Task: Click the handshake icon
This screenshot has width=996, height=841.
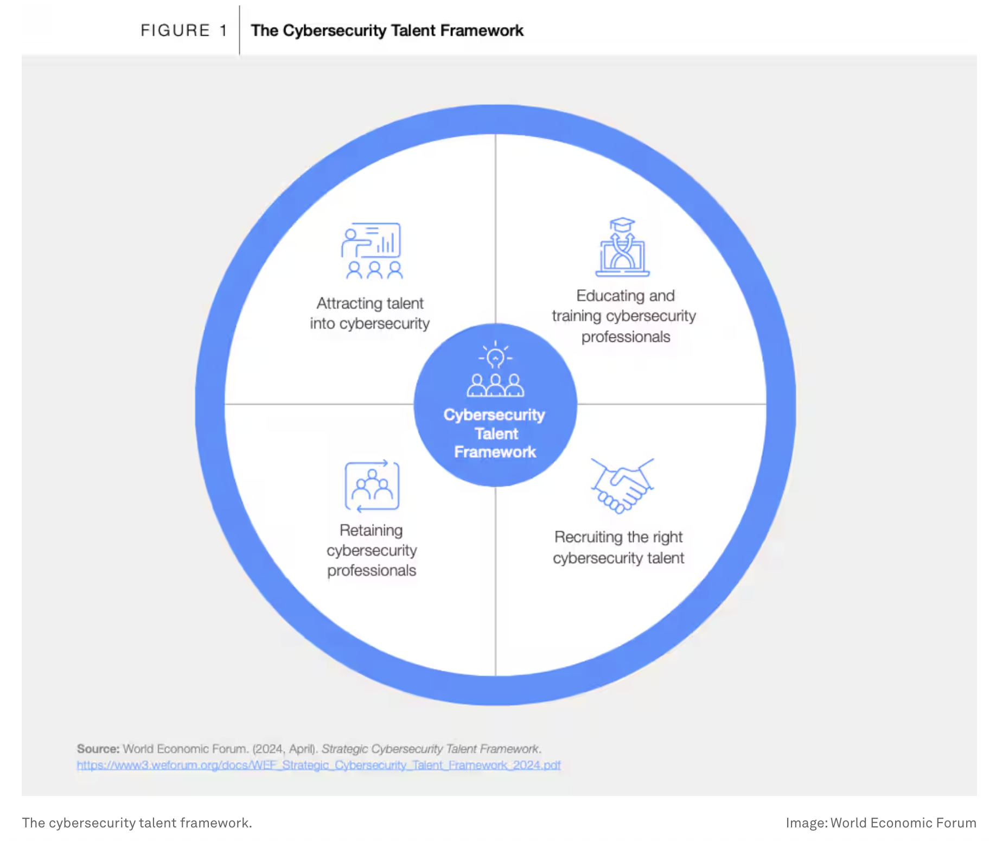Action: click(x=622, y=485)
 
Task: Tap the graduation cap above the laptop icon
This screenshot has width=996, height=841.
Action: click(x=622, y=225)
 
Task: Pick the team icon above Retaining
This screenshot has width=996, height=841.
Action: click(x=372, y=486)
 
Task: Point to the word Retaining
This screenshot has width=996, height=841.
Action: click(x=371, y=530)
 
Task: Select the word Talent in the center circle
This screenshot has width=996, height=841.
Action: click(x=496, y=434)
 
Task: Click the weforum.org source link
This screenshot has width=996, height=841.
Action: click(x=318, y=765)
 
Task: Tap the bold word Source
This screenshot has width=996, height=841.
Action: click(x=98, y=749)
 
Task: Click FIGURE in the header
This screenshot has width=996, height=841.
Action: click(x=175, y=30)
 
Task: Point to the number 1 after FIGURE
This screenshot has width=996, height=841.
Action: click(x=224, y=30)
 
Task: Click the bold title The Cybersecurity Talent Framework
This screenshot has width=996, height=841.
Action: click(x=387, y=30)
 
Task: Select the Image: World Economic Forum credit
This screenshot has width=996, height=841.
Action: click(x=880, y=823)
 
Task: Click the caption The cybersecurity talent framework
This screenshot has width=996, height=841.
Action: click(x=137, y=823)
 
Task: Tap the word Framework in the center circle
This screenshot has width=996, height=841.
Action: click(x=495, y=452)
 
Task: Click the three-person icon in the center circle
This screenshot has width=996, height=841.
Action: click(x=495, y=385)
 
